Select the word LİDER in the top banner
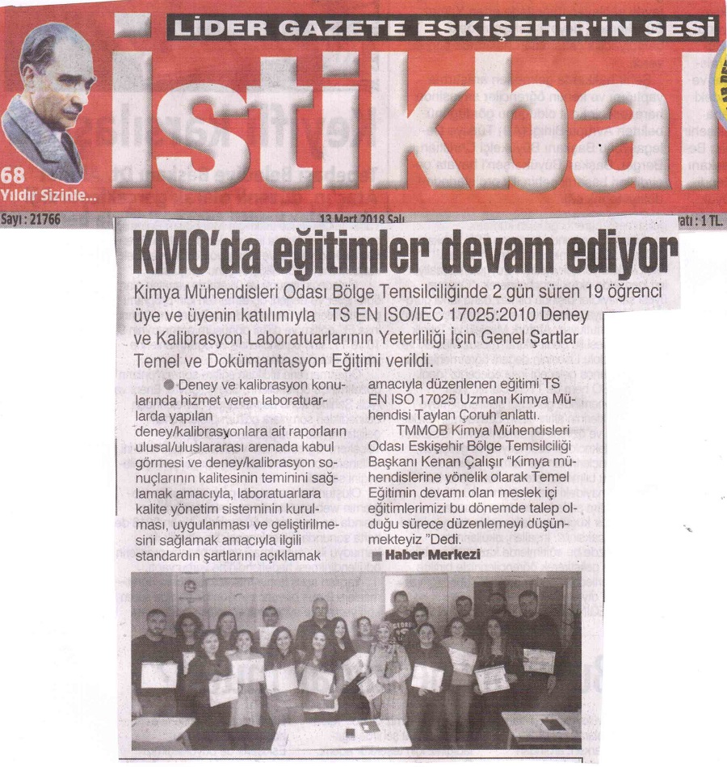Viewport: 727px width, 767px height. click(208, 29)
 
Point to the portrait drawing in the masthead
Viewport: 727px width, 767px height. click(48, 101)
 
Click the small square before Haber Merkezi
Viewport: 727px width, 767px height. click(376, 557)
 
